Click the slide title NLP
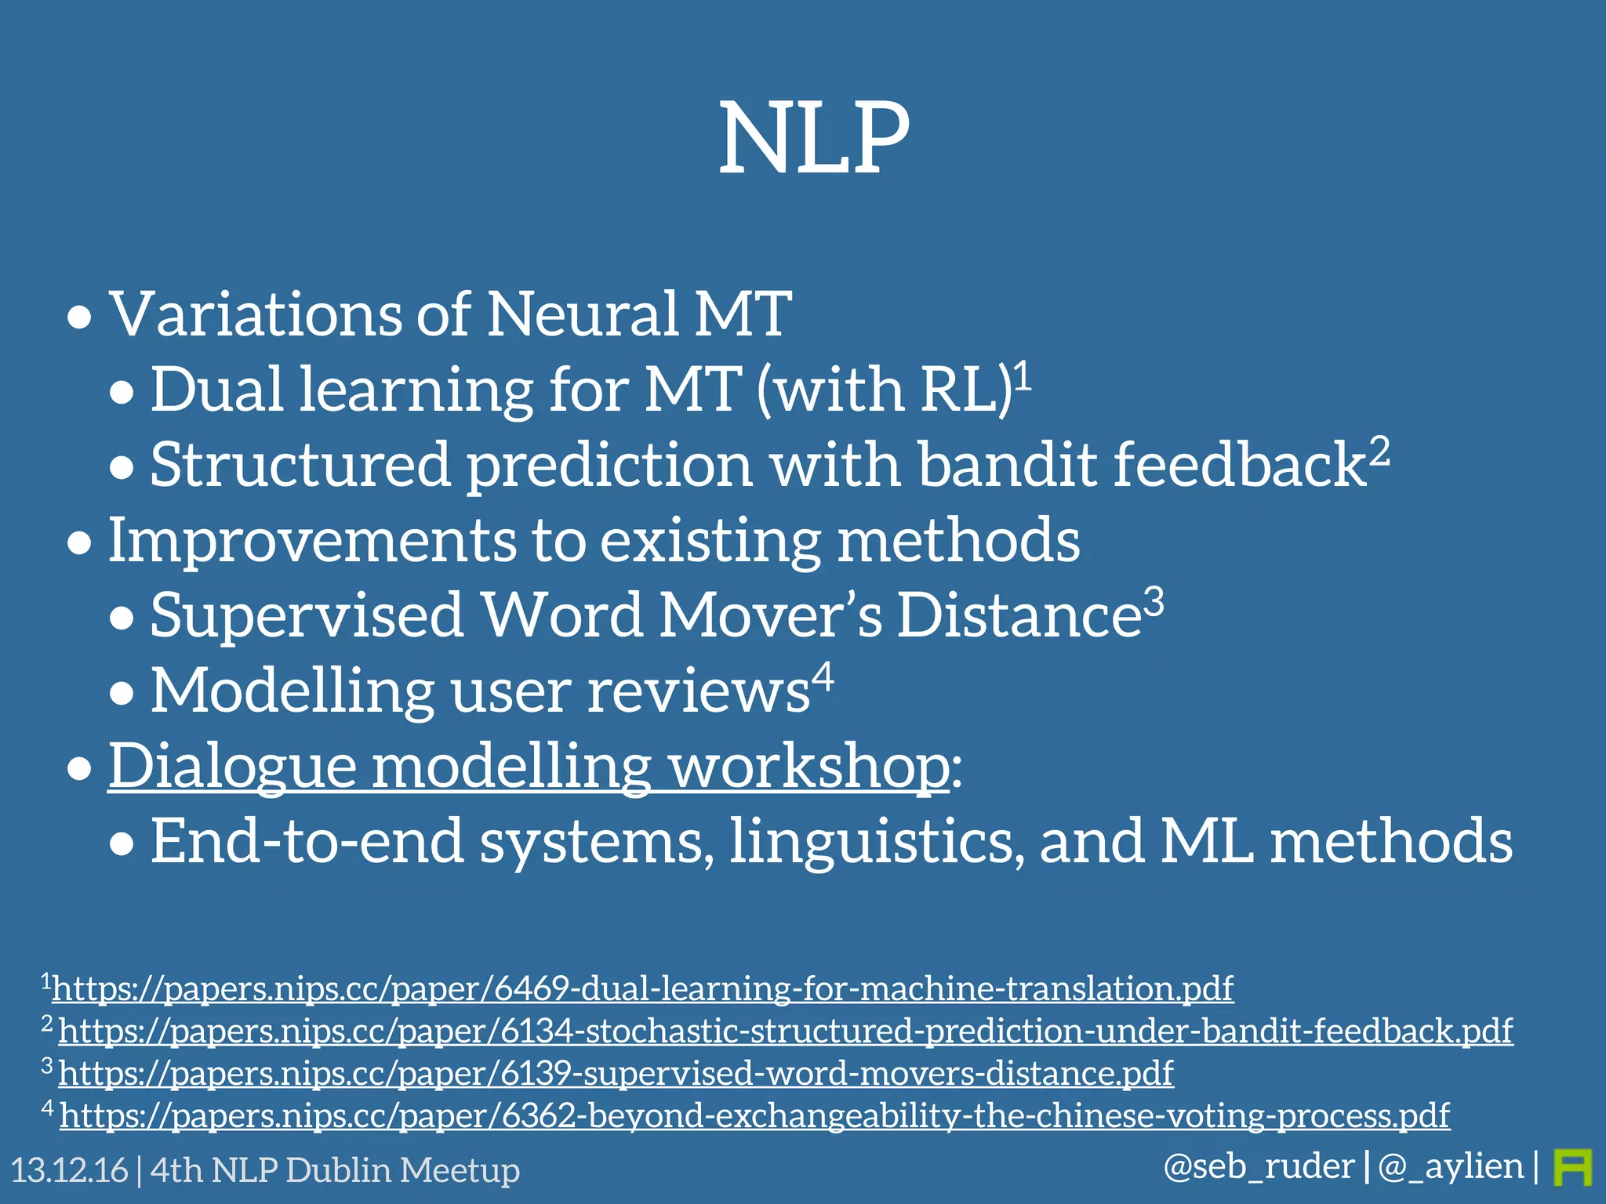[814, 140]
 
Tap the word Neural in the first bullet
[582, 314]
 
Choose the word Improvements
[311, 541]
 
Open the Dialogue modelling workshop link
[528, 766]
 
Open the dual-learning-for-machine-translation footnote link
[642, 988]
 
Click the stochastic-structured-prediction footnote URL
[785, 1031]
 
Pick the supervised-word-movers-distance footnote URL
[616, 1073]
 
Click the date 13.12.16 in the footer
[69, 1170]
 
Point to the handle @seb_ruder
[1259, 1167]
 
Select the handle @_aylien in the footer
[1451, 1167]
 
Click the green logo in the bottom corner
[1572, 1167]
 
